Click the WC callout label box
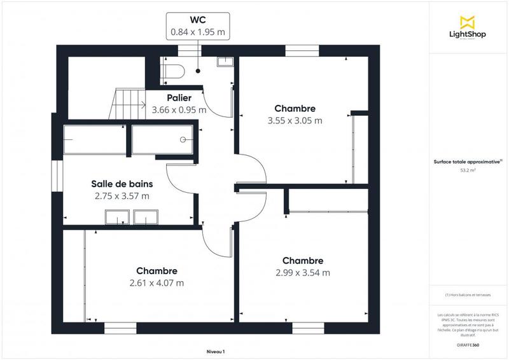click(198, 25)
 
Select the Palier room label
click(179, 98)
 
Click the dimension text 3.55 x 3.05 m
click(295, 120)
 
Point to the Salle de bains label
click(122, 184)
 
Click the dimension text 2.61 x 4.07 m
click(157, 283)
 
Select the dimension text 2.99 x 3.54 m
click(303, 273)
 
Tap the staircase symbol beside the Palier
click(127, 104)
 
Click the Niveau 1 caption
click(216, 352)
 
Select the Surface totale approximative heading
click(466, 162)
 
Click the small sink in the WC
click(225, 62)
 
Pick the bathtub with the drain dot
click(162, 139)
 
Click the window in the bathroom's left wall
click(56, 176)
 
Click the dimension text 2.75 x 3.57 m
click(122, 196)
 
